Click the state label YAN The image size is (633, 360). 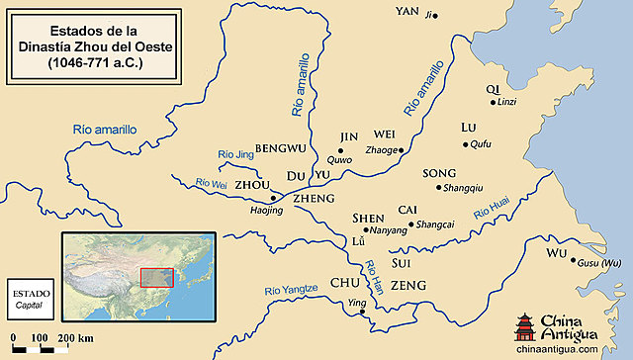coord(407,12)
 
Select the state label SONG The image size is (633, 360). coord(439,173)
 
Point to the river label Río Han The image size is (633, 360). coord(375,273)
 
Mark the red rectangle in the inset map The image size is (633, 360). coord(156,277)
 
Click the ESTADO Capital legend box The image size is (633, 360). coord(27,300)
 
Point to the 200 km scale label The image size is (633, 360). coord(75,339)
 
